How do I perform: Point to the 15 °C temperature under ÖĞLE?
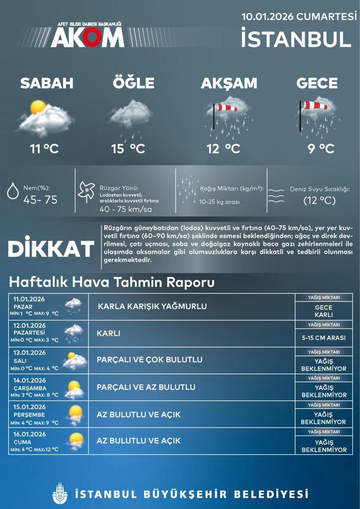(128, 149)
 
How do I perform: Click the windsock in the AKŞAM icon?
(227, 108)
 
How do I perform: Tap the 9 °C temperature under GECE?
(321, 149)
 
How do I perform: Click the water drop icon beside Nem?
(12, 192)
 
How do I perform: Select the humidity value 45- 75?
(40, 200)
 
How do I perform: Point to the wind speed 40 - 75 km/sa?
(125, 209)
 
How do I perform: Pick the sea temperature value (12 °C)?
(319, 201)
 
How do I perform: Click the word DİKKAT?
(51, 249)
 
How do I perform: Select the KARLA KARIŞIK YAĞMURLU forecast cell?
(152, 306)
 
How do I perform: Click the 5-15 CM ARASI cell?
(324, 338)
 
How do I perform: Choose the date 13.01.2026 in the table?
(29, 353)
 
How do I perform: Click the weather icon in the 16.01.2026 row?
(75, 441)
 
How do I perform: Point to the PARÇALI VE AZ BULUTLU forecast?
(146, 387)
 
